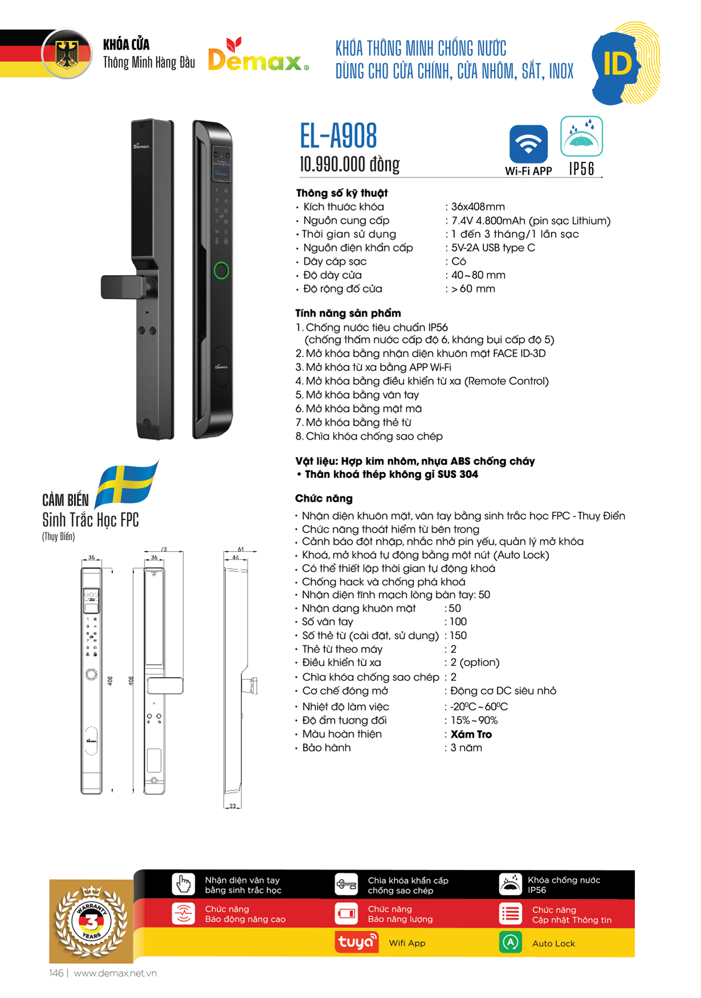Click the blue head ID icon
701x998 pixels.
(x=619, y=64)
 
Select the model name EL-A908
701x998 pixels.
(x=338, y=136)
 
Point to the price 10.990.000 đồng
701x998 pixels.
(x=349, y=164)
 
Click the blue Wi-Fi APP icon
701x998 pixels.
(x=528, y=144)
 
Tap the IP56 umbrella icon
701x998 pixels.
(x=581, y=137)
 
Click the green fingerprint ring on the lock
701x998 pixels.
(x=221, y=270)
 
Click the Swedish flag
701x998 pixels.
(x=126, y=484)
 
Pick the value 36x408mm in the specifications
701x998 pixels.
(x=478, y=207)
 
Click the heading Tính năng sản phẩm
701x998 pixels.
(x=348, y=313)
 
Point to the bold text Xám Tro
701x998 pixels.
(x=471, y=734)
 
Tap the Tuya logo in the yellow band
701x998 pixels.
(x=356, y=942)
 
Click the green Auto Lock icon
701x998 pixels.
(x=510, y=942)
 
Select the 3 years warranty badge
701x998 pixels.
(x=91, y=920)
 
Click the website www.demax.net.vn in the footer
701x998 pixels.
(x=115, y=973)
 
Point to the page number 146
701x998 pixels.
(x=56, y=973)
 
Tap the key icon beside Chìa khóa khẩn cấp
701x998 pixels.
(x=346, y=884)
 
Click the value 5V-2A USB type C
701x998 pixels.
(x=493, y=248)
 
